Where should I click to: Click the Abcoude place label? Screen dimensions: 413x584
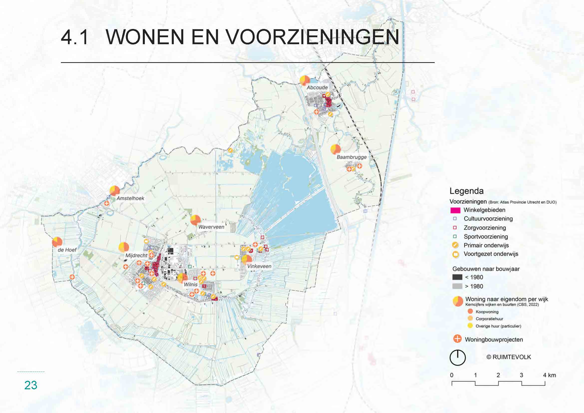[x=317, y=87]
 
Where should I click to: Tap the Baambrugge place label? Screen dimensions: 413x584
[x=352, y=157]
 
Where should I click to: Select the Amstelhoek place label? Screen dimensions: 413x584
[x=130, y=198]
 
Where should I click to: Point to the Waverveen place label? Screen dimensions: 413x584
[x=211, y=227]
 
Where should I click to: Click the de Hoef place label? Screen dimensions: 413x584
[x=67, y=250]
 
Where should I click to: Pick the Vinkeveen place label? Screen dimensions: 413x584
[x=259, y=266]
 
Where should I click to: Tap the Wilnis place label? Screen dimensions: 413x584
[x=191, y=284]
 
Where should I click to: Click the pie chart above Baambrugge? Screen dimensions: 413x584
[x=336, y=149]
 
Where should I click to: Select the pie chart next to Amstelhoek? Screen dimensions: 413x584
[x=115, y=191]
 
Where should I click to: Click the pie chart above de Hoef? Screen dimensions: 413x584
[x=57, y=242]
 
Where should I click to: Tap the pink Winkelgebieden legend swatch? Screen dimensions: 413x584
[x=455, y=210]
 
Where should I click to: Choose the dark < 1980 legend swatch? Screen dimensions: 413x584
[x=457, y=277]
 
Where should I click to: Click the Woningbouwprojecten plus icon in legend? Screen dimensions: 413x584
[x=457, y=339]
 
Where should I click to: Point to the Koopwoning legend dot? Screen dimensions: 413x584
[x=470, y=312]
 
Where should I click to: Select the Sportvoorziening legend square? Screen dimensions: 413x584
[x=455, y=236]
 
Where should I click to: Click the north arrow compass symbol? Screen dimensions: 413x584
[x=457, y=358]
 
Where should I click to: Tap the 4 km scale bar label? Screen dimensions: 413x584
[x=549, y=375]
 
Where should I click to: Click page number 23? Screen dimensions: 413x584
[x=31, y=385]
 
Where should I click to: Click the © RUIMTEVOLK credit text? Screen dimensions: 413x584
[x=508, y=357]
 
